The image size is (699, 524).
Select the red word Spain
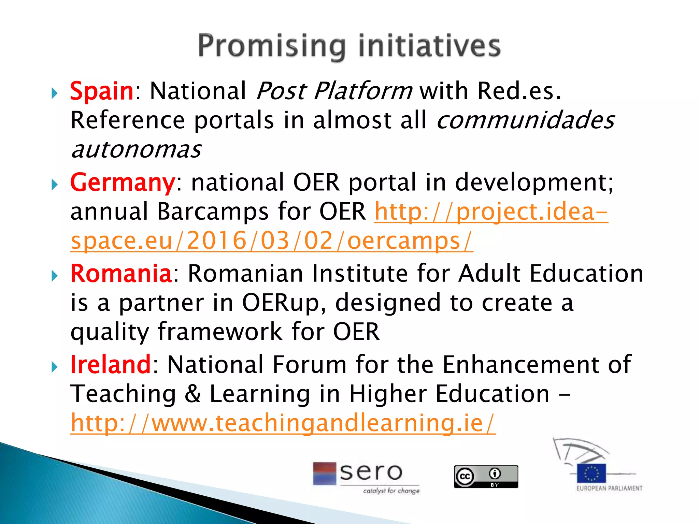point(101,91)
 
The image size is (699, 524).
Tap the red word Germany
point(123,183)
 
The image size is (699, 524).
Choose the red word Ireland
point(110,364)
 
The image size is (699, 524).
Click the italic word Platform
point(362,91)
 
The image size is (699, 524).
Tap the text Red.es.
point(519,91)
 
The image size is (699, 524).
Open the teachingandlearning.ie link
point(283,423)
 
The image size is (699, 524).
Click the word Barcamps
point(213,212)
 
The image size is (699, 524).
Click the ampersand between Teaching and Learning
point(192,394)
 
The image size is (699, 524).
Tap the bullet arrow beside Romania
point(55,275)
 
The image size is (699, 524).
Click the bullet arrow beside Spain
point(55,93)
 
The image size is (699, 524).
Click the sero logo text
point(371,472)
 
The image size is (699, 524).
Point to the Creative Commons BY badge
point(486,477)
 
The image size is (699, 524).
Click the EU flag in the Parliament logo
point(591,473)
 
